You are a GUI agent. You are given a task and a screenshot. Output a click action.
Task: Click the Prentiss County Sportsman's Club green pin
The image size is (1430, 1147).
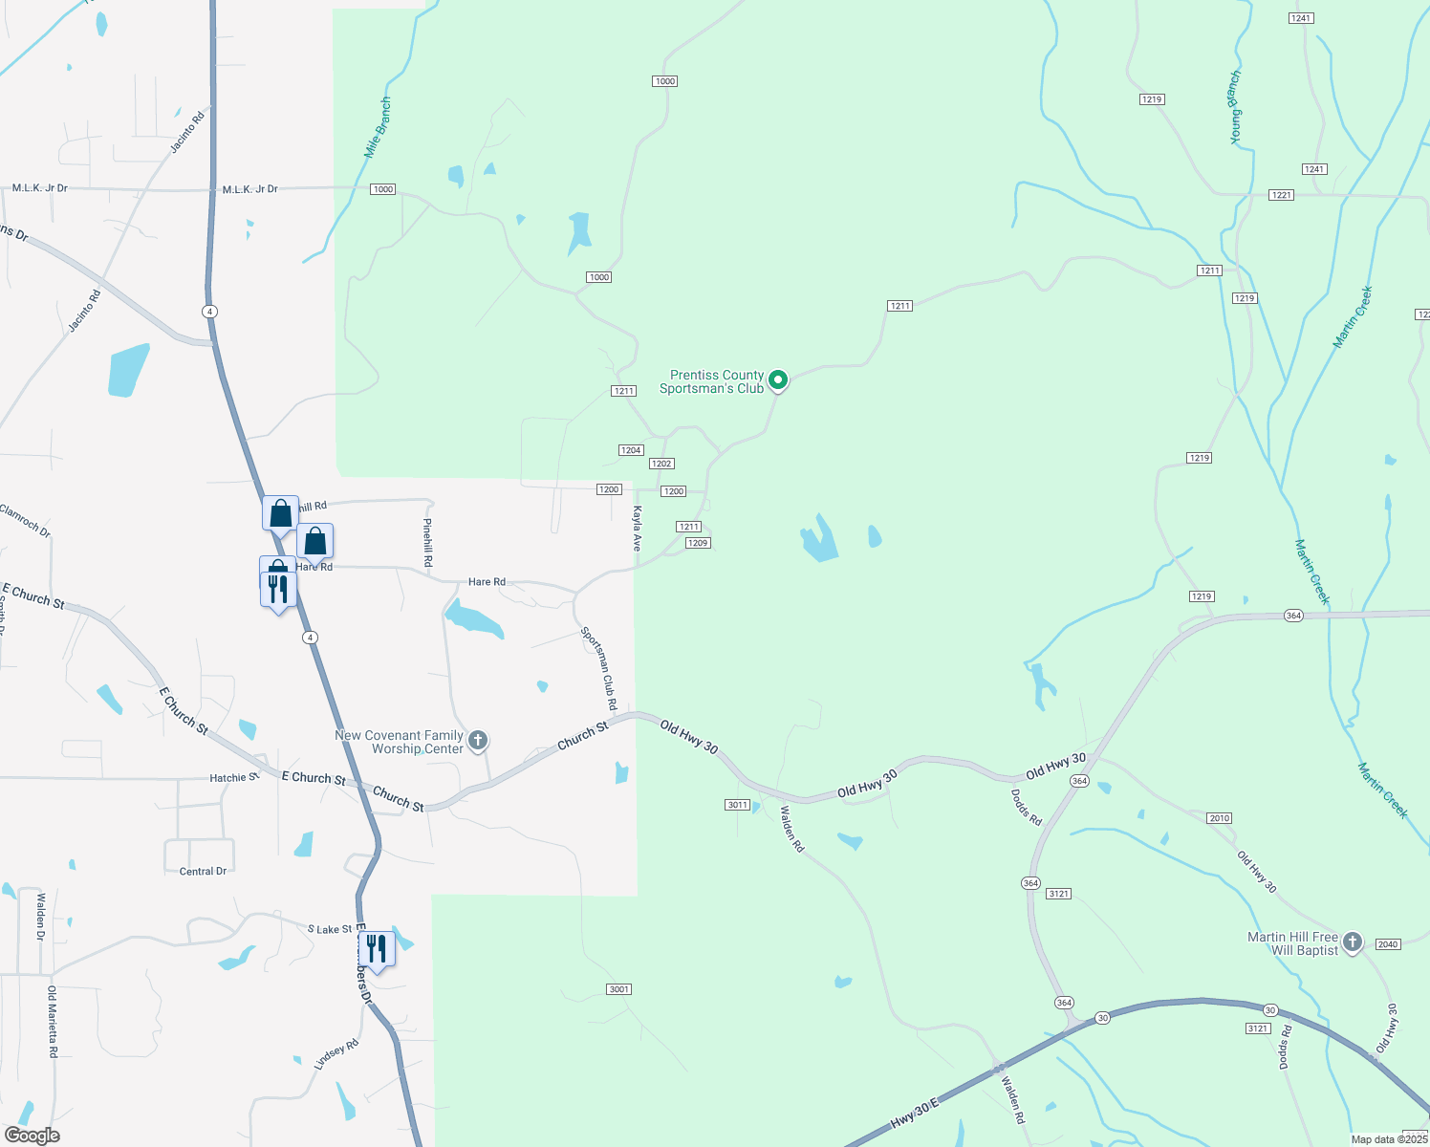(778, 380)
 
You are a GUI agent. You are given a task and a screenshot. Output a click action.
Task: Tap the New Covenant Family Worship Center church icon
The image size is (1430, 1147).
(478, 741)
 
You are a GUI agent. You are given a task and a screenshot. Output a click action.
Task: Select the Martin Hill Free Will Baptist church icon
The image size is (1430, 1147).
(1352, 942)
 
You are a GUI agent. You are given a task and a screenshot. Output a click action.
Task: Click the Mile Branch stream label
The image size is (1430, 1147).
(378, 127)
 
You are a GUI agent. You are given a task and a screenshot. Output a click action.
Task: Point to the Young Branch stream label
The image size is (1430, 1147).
(1235, 107)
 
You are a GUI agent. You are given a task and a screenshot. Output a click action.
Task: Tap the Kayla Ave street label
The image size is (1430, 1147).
(637, 529)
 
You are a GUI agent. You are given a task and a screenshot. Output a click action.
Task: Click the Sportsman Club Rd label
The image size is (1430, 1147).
(599, 668)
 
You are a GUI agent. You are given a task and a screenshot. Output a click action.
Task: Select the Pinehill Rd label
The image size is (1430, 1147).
(428, 543)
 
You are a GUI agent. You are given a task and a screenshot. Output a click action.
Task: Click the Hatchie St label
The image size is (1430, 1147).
(234, 778)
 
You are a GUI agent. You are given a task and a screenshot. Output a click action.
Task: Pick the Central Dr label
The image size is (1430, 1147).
(203, 872)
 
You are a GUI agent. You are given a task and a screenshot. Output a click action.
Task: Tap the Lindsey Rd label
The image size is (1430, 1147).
(336, 1054)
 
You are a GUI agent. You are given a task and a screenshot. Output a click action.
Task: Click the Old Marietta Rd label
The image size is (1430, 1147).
(53, 1022)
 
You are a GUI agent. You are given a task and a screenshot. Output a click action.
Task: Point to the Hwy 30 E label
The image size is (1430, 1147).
(915, 1115)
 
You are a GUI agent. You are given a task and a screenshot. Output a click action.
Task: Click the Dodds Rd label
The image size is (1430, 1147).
(1027, 808)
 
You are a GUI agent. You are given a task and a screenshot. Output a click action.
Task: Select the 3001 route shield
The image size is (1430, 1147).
(619, 989)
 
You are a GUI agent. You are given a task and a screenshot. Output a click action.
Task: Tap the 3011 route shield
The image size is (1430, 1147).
(737, 805)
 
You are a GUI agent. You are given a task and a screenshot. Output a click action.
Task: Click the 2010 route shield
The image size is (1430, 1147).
(1219, 818)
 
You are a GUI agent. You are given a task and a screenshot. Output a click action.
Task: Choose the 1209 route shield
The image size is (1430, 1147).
(698, 543)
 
